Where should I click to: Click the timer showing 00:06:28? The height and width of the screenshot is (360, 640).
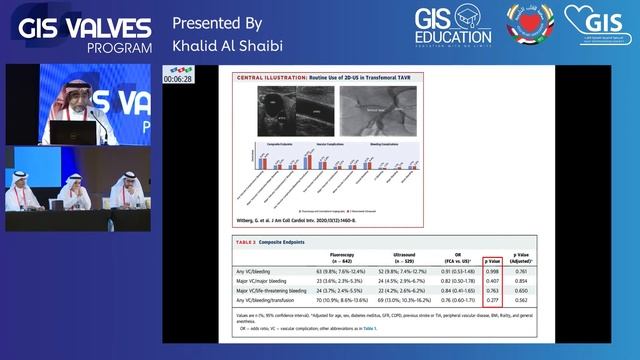179,78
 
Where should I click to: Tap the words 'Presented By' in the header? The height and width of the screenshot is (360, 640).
217,22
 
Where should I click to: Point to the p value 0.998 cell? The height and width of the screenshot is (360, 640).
490,270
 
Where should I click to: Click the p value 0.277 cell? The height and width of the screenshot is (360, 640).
490,300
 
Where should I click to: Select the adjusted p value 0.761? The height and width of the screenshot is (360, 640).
521,270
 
